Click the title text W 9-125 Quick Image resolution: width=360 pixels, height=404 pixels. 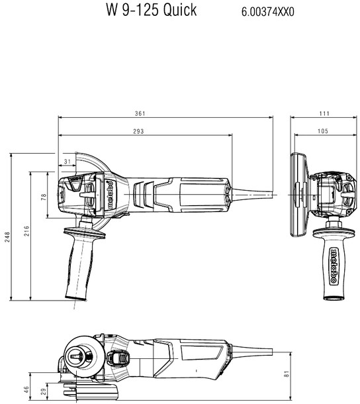coord(151,11)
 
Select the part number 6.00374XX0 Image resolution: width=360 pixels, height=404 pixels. coord(271,12)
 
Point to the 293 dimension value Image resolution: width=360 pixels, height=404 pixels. coord(138,132)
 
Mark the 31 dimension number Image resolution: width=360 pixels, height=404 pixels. coord(67,162)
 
